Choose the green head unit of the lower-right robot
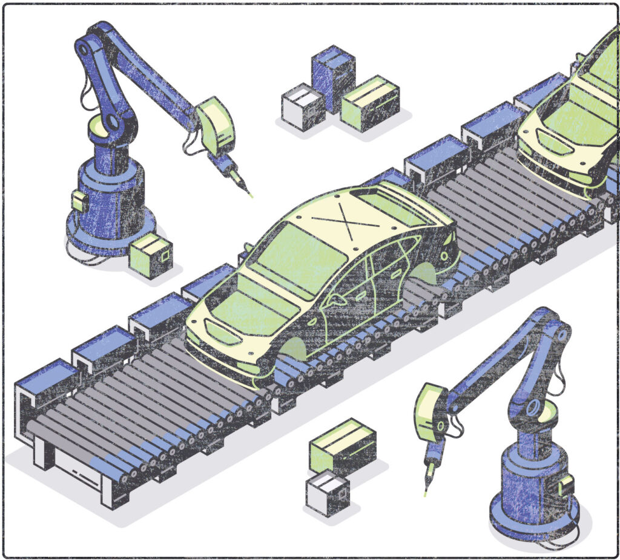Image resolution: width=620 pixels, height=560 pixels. point(430,412)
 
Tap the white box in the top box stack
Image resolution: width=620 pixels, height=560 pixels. point(303,107)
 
